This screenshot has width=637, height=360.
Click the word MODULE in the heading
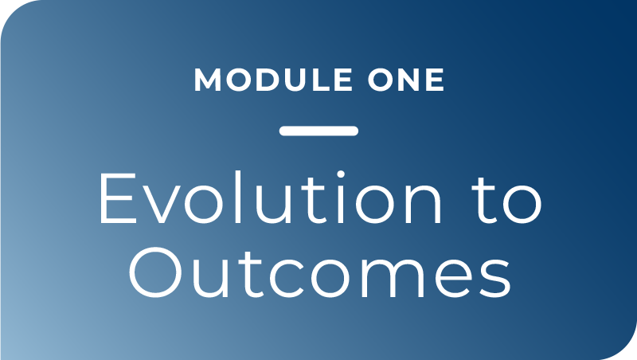coord(273,80)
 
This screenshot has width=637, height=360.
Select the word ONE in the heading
coord(406,80)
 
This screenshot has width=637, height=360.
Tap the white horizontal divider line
coord(318,131)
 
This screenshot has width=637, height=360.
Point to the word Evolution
coord(271,198)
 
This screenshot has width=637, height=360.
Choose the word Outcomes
coord(320,272)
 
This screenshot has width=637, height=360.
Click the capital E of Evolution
coord(118,198)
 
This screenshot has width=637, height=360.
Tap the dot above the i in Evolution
coord(341,174)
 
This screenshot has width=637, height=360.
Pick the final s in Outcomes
coord(495,279)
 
